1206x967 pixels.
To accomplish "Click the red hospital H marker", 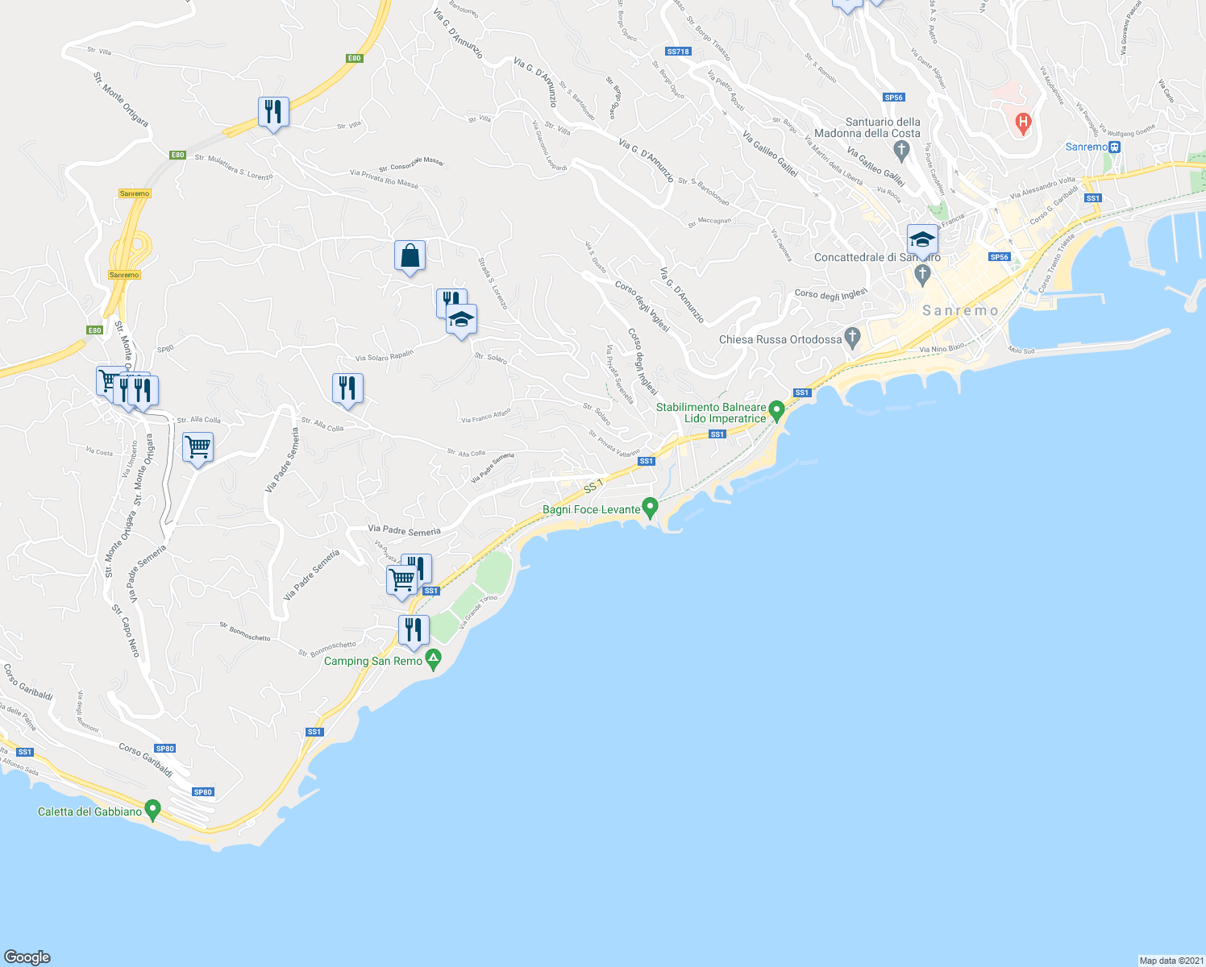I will (1023, 124).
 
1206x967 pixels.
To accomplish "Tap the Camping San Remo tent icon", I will (434, 661).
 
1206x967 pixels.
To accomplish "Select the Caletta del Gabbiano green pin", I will (152, 810).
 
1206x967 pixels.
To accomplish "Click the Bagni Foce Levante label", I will (591, 509).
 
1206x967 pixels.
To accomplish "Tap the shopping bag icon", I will (410, 255).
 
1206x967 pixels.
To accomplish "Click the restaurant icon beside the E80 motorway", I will (273, 111).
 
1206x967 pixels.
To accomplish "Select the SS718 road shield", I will (678, 52).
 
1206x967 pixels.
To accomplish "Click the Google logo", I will (27, 957).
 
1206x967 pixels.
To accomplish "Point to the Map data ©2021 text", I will (1171, 961).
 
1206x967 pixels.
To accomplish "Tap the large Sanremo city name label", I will (960, 310).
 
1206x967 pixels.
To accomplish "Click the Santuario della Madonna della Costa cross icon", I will (901, 148).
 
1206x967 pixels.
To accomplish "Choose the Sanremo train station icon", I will (1114, 147).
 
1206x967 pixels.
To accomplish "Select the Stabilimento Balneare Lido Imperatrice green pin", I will (776, 411).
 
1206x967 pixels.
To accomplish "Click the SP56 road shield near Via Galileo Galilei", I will (893, 98).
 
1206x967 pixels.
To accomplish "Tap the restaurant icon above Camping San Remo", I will (414, 629).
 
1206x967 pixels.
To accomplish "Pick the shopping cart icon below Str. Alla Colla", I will (198, 446).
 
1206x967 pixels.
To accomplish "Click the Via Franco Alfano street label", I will (485, 416).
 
